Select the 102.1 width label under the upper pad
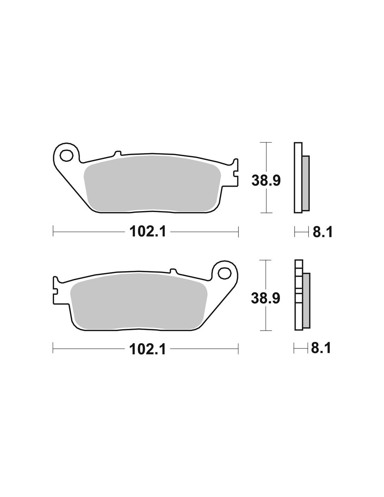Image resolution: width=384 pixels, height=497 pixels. click(x=147, y=231)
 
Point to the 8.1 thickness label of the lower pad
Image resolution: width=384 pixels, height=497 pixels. click(x=321, y=348)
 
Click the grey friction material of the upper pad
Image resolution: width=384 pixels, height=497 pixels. click(x=152, y=183)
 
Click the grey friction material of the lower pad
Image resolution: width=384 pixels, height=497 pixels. click(x=139, y=301)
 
